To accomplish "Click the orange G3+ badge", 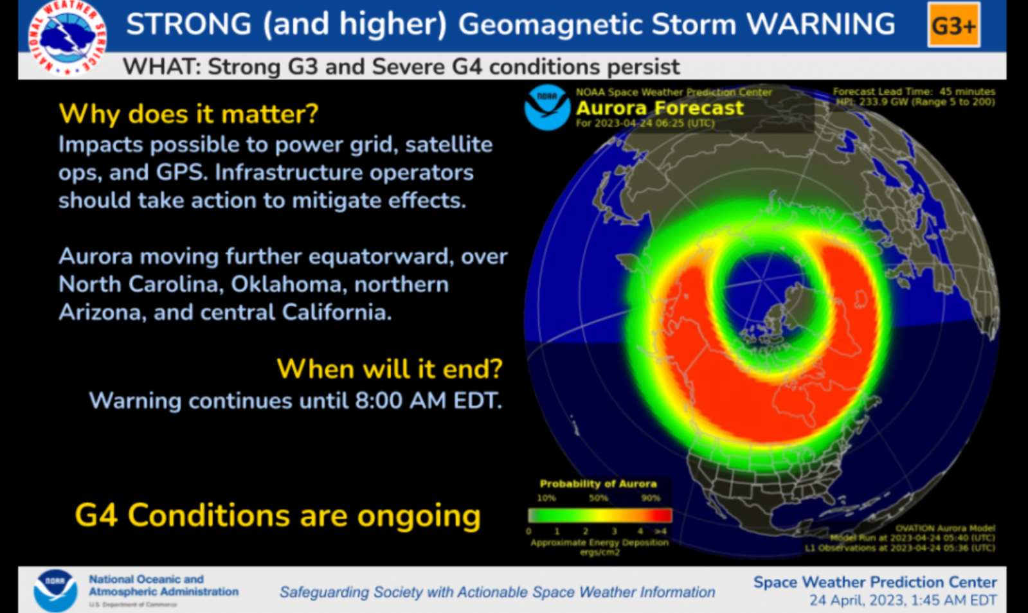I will coord(953,25).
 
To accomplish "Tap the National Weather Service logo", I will coord(66,37).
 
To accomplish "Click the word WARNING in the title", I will coord(820,24).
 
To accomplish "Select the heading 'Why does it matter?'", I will coord(188,114).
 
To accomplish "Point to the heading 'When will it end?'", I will coord(389,369).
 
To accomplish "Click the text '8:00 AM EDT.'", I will coord(428,401).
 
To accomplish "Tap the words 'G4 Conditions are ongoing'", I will coord(278,515).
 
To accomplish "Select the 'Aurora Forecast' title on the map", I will coord(660,108).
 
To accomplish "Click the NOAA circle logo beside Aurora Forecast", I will coord(546,107).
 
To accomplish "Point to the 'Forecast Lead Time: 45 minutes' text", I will coord(914,91).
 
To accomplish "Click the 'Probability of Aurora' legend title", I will coord(598,483).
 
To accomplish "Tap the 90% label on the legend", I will coord(650,498).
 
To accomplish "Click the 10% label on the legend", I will coord(546,498).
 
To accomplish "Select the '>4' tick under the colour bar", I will coord(660,531).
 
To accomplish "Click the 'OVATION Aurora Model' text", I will coord(944,528).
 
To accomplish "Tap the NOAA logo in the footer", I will coord(55,590).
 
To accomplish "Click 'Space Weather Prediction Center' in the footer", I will coord(874,582).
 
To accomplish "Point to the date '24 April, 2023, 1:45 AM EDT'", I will coord(903,601).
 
